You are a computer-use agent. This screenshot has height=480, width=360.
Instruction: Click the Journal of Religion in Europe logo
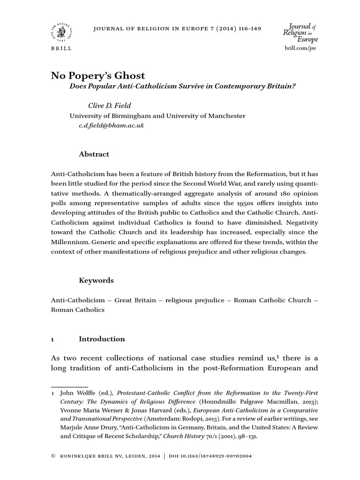click(x=300, y=33)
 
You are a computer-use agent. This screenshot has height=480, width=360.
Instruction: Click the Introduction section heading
click(x=102, y=338)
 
